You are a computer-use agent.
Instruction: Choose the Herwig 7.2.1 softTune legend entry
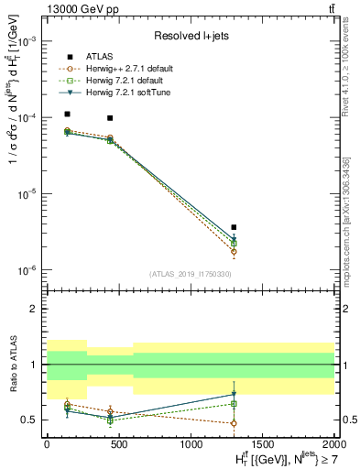pos(123,93)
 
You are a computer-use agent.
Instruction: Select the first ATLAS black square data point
pos(68,115)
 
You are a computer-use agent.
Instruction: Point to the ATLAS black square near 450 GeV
pos(110,118)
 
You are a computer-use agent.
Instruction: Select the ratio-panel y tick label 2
pos(36,309)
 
